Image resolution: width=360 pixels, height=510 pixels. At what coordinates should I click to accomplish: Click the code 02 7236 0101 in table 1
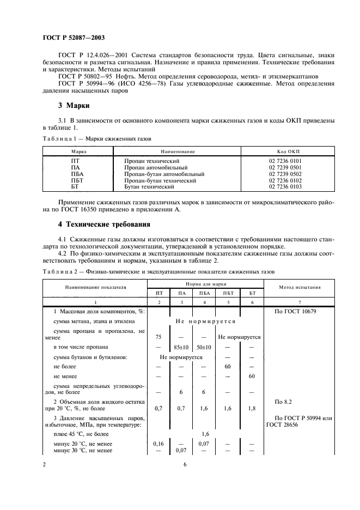(x=288, y=162)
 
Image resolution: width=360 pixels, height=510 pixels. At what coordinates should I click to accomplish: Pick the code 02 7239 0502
(x=288, y=174)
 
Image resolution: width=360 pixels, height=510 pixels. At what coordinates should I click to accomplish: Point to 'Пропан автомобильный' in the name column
(x=156, y=168)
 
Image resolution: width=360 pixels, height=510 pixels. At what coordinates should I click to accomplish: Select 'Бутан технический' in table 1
(x=149, y=186)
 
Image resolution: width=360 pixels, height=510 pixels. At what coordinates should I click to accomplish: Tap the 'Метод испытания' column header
(x=300, y=287)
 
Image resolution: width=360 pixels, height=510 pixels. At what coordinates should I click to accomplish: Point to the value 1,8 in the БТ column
(x=251, y=407)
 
